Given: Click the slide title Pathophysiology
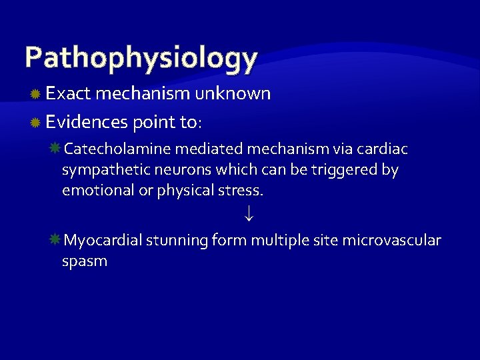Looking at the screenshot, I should [x=141, y=58].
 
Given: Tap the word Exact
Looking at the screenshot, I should [x=68, y=94].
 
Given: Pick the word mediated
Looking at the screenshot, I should [x=203, y=148].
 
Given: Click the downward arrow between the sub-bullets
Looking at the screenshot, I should [x=248, y=215].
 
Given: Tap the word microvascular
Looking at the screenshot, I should [x=391, y=240].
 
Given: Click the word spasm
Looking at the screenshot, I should [x=84, y=261].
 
